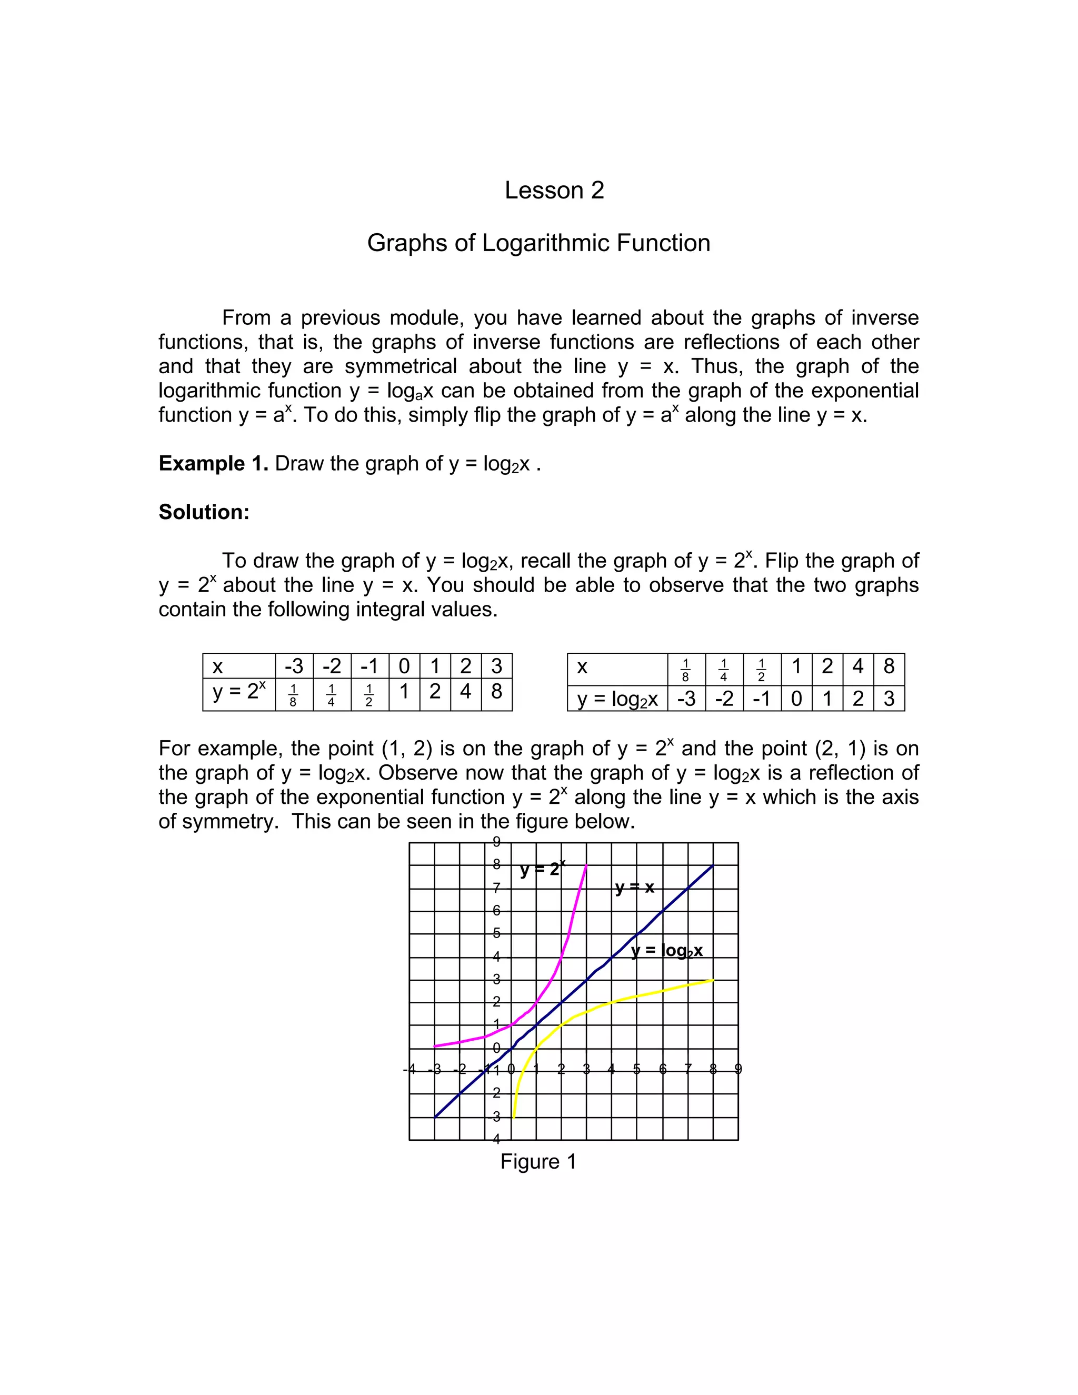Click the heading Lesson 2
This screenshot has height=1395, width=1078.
pos(554,191)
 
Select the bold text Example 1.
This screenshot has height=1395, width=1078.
pos(213,463)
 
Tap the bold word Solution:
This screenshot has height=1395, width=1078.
pos(204,512)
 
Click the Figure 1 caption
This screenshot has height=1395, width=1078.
pos(538,1161)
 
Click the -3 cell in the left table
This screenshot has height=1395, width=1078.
pos(294,666)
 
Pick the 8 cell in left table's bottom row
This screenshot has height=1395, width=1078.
pos(496,691)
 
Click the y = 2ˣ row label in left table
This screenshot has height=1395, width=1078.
pos(238,691)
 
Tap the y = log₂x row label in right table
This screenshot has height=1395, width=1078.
pos(617,699)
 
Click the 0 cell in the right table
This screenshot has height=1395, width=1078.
pos(796,699)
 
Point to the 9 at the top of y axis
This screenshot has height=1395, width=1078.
pos(497,841)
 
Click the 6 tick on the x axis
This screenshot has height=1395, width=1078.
pos(662,1069)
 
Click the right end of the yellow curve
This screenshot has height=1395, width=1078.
pos(712,980)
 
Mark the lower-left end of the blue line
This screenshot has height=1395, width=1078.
pos(435,1117)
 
